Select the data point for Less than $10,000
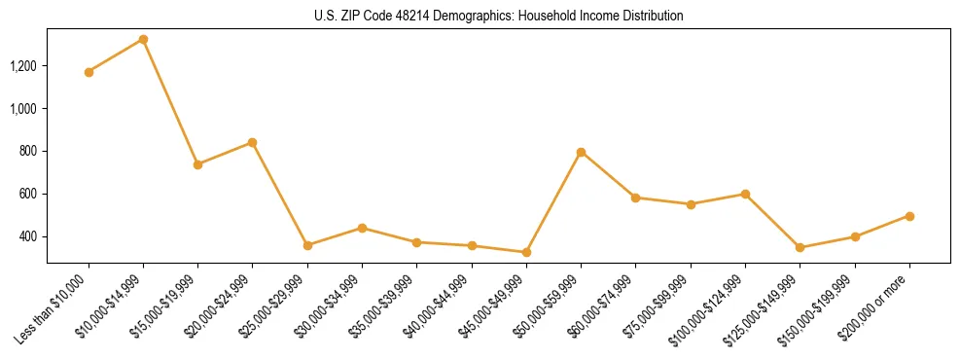coord(89,72)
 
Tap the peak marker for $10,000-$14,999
coord(143,40)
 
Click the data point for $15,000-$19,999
coord(197,164)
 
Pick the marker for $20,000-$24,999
coord(252,142)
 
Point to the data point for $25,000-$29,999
coord(307,245)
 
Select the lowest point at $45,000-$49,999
coord(526,252)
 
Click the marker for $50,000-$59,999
coord(581,152)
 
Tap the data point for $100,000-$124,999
coord(745,194)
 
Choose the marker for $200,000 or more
coord(909,216)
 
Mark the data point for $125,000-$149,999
coord(800,247)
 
